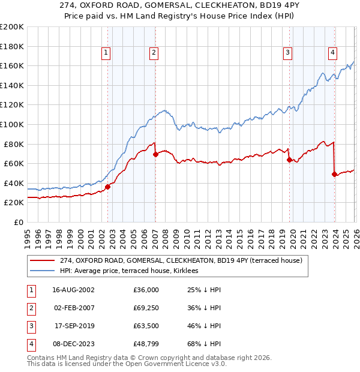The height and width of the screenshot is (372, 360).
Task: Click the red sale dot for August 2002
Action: pyautogui.click(x=108, y=187)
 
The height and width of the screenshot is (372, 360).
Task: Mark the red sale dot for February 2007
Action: pyautogui.click(x=155, y=154)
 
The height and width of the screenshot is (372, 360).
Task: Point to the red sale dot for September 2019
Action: pyautogui.click(x=289, y=160)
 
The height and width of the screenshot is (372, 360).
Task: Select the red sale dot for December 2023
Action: pyautogui.click(x=334, y=175)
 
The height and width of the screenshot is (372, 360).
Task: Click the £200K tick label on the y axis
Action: pyautogui.click(x=12, y=27)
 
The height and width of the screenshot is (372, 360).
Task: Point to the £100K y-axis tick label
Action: pyautogui.click(x=12, y=124)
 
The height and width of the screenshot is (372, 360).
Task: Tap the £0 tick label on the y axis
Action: pyautogui.click(x=19, y=222)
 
